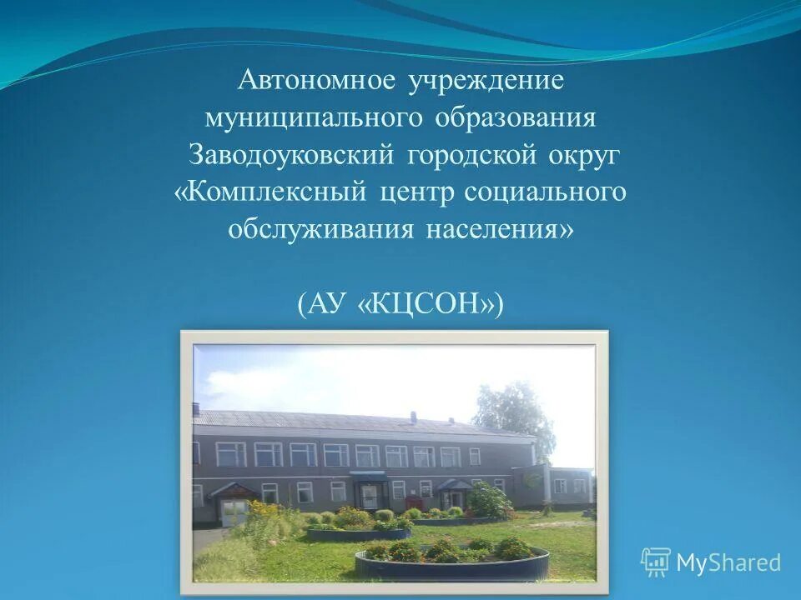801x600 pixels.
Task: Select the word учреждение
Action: click(486, 82)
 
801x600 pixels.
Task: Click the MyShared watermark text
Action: click(728, 563)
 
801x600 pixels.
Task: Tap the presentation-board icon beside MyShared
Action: click(655, 562)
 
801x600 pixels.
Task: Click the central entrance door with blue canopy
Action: click(369, 492)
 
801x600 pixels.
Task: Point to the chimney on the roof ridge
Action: click(195, 409)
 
